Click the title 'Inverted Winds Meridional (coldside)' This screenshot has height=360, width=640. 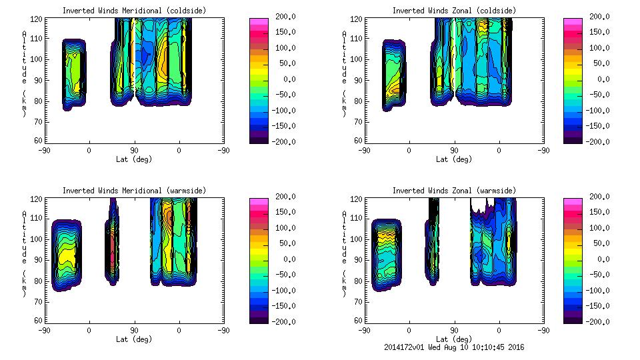[134, 11]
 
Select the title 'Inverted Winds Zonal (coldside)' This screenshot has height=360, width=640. [454, 11]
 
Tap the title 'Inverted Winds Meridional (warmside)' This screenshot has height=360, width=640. [134, 191]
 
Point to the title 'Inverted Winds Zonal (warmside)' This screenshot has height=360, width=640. [454, 191]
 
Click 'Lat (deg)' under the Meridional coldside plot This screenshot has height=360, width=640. [134, 159]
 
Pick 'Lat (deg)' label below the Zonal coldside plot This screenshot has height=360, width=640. [454, 159]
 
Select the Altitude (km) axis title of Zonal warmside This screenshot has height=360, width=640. [345, 254]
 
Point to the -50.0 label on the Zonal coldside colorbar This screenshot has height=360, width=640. [598, 95]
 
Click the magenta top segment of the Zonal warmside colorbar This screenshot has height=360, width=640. [573, 200]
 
